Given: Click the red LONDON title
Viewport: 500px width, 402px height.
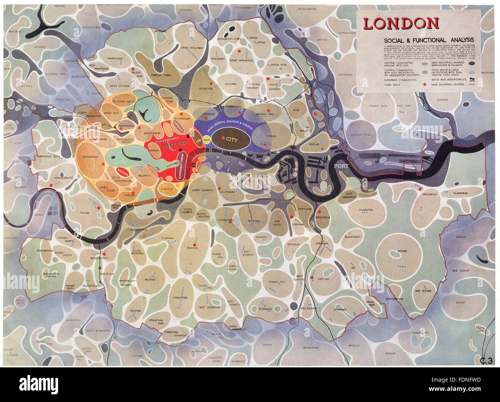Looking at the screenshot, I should pyautogui.click(x=401, y=24).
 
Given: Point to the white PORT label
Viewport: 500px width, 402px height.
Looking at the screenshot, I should pyautogui.click(x=341, y=166).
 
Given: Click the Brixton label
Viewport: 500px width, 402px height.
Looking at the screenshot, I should pyautogui.click(x=192, y=248).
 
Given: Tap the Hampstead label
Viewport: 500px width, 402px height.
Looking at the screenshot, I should pyautogui.click(x=114, y=58).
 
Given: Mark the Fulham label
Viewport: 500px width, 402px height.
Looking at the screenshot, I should pyautogui.click(x=85, y=213).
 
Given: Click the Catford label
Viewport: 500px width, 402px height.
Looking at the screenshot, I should pyautogui.click(x=323, y=279).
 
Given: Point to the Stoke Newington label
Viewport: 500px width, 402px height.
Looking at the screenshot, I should pyautogui.click(x=239, y=60).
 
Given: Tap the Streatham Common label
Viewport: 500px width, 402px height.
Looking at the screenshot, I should pyautogui.click(x=171, y=334).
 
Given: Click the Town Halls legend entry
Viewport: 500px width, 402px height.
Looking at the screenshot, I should pyautogui.click(x=391, y=84).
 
